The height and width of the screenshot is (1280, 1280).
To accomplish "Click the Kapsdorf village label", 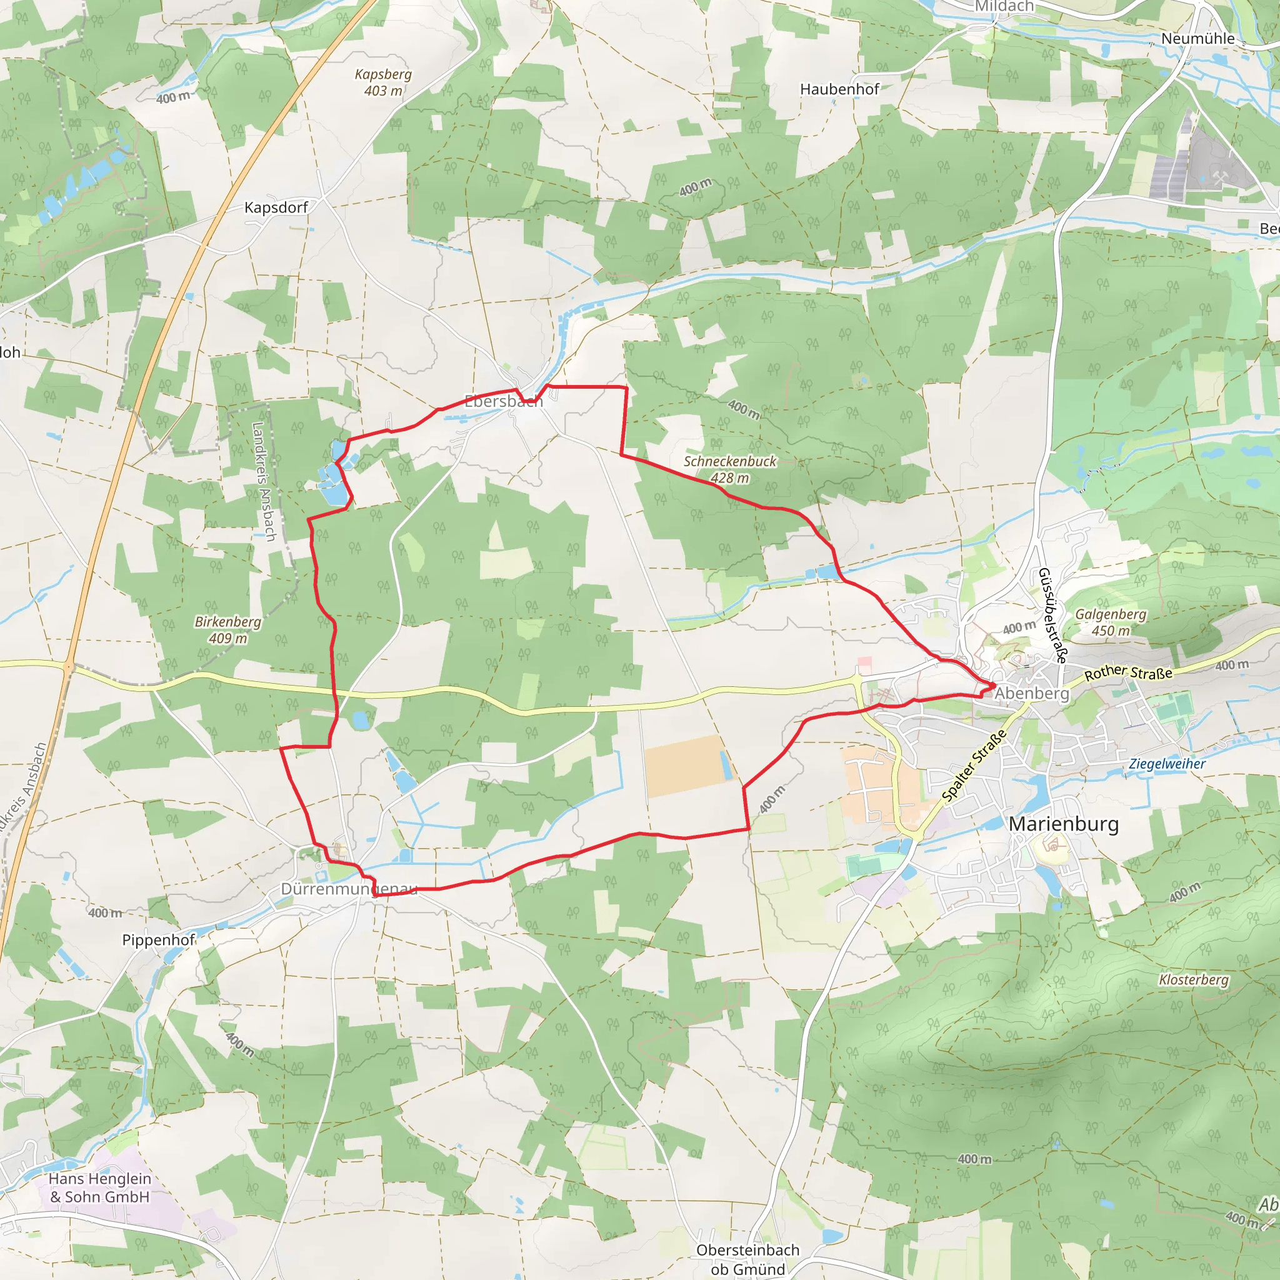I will click(x=276, y=207).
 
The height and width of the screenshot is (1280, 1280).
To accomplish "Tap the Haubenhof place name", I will click(x=839, y=89).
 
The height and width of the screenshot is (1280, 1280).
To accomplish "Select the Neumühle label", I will click(x=1198, y=38).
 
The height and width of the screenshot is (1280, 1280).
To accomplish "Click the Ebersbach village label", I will click(x=504, y=401).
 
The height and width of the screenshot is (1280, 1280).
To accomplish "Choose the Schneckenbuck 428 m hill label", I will click(x=729, y=469).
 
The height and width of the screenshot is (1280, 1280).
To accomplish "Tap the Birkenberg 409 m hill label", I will click(x=228, y=629).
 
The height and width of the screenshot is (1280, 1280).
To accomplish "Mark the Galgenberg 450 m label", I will click(x=1111, y=622).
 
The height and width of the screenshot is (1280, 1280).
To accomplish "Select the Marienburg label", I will click(x=1063, y=824).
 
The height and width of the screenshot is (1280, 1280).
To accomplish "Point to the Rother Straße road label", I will click(x=1128, y=673).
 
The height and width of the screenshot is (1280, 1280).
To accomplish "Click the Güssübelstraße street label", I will click(x=1052, y=615).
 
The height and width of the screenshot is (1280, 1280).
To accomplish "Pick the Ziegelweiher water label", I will click(x=1167, y=763).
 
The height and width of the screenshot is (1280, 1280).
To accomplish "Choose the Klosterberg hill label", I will click(x=1194, y=979).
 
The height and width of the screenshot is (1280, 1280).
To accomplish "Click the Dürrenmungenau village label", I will click(x=349, y=889).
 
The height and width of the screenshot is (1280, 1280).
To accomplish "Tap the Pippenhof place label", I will click(x=158, y=939).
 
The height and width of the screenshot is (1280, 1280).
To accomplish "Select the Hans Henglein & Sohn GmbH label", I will click(x=100, y=1187).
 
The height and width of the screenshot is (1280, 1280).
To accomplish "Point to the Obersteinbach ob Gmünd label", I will click(x=748, y=1259).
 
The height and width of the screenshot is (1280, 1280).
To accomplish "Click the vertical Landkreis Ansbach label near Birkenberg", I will click(x=264, y=482).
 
